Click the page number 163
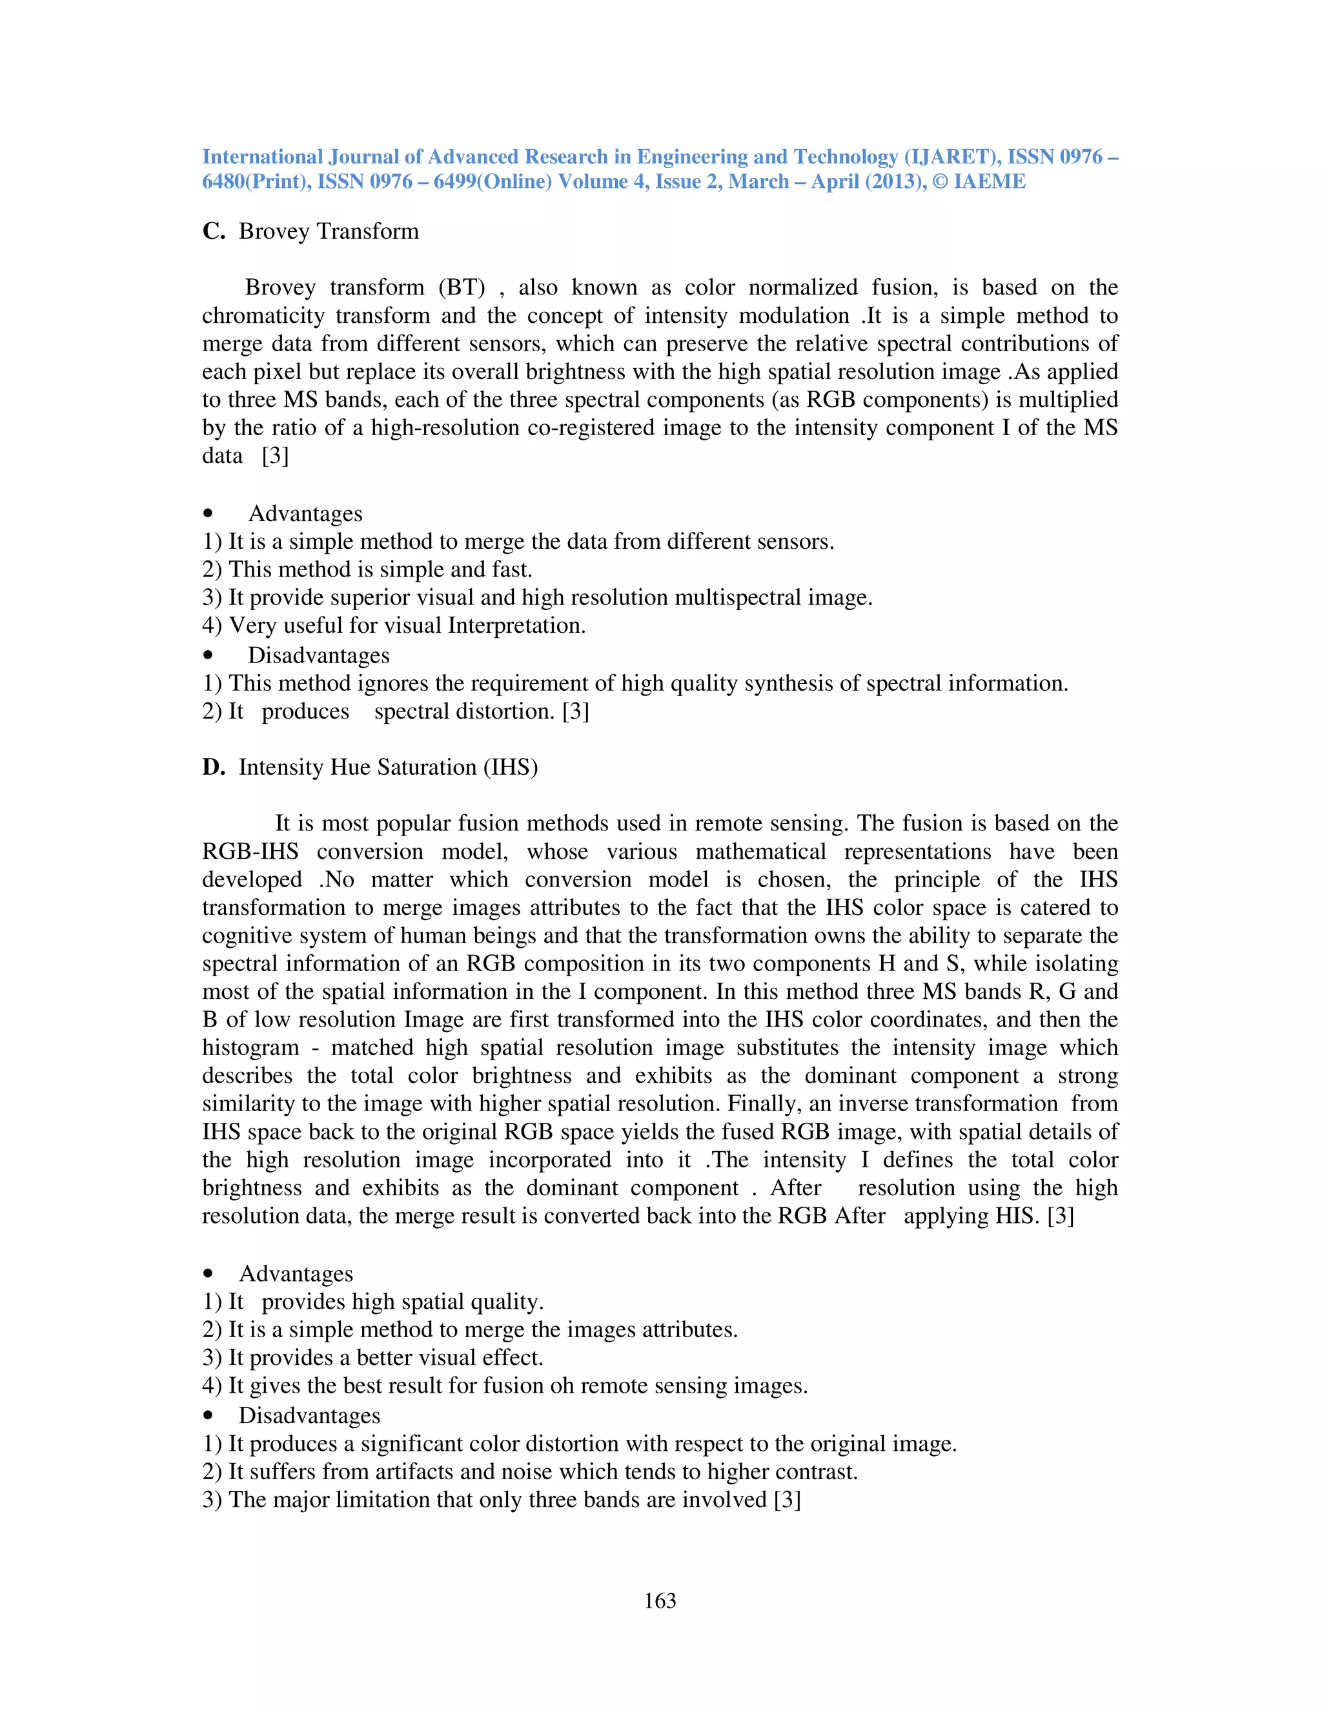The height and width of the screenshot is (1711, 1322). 660,1601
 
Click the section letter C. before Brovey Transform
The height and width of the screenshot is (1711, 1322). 213,231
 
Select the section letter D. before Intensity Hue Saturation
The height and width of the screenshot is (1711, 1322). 213,767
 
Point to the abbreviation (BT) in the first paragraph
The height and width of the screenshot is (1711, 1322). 462,287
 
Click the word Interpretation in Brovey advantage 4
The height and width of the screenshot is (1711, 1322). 516,626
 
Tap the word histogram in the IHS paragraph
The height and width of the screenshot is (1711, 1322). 250,1047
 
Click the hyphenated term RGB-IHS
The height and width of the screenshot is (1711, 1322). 250,852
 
